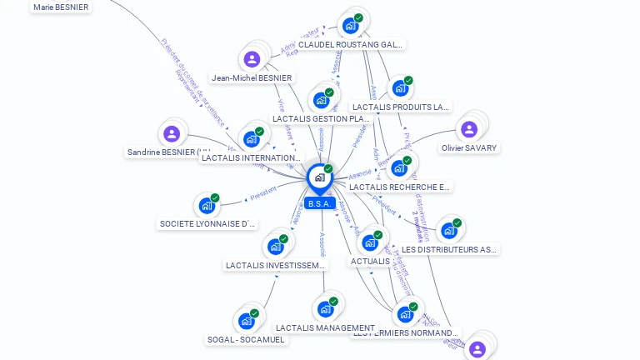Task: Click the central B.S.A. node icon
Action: point(320,177)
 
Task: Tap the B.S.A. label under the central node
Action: point(320,203)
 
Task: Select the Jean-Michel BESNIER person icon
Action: point(252,59)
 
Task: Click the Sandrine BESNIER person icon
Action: point(172,133)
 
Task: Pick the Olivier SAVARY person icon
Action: point(469,129)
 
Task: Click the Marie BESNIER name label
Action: point(61,7)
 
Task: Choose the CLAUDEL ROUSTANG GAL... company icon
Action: point(350,26)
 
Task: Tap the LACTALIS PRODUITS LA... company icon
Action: point(400,88)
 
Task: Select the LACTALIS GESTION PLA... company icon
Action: point(321,100)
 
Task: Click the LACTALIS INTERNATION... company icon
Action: point(252,139)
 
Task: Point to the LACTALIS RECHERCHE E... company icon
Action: point(399,168)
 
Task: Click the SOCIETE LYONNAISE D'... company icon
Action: point(207,205)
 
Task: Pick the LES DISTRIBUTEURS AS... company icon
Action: point(449,230)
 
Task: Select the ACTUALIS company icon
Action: point(370,242)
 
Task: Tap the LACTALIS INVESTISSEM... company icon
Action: point(275,247)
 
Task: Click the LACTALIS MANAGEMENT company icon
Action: point(325,309)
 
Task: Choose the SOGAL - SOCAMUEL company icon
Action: point(246,321)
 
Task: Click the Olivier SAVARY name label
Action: point(469,148)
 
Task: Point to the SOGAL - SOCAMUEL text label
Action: point(246,340)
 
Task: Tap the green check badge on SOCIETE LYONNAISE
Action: point(215,198)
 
